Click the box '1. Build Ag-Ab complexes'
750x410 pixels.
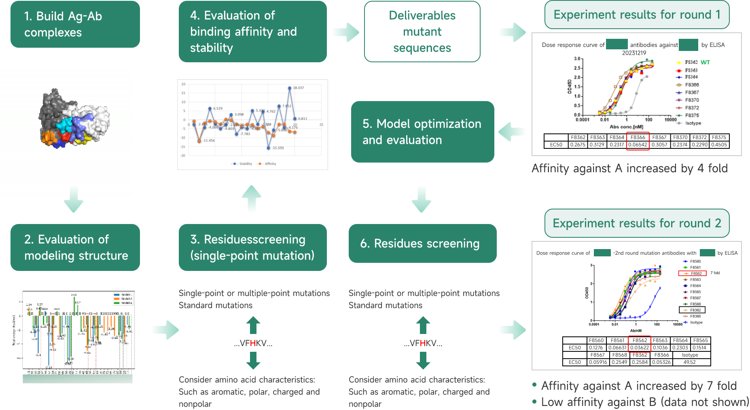[x=75, y=24]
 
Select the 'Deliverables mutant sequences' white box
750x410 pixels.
[x=422, y=32]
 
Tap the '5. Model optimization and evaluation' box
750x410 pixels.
[x=422, y=132]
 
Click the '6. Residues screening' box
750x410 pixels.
[x=422, y=243]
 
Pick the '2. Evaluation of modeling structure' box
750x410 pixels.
[x=75, y=247]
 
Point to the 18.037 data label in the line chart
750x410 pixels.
[x=298, y=88]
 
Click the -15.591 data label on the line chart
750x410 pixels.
[x=278, y=148]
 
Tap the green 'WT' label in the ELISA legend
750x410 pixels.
[x=705, y=62]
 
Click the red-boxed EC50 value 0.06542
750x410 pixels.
[x=638, y=145]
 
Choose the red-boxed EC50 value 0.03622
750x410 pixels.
[x=640, y=348]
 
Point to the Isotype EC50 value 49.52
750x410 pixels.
[x=689, y=362]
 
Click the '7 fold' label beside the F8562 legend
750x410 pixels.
[x=715, y=273]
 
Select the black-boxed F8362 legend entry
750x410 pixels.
[x=692, y=310]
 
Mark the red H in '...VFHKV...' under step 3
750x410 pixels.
[x=253, y=343]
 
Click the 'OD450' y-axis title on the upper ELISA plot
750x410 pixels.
[x=570, y=87]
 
